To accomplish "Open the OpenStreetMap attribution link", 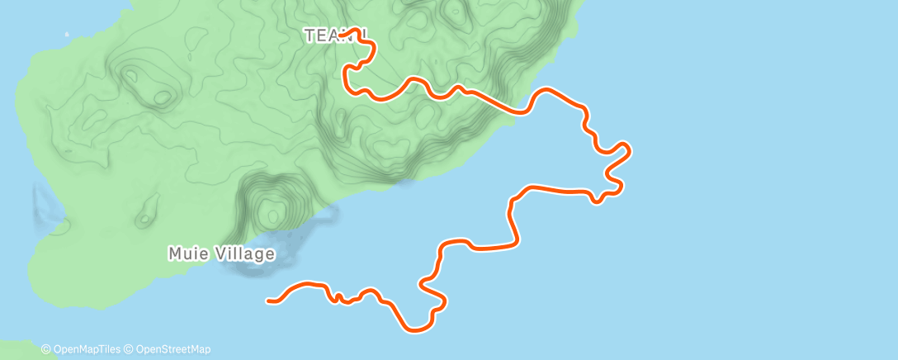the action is tap(173, 349).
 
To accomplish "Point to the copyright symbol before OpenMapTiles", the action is tap(46, 349).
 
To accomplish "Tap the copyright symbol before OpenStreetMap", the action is tap(130, 349).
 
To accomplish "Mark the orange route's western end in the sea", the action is tap(269, 301).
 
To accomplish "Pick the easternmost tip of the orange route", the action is tap(630, 149).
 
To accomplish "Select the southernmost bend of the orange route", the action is tap(416, 330).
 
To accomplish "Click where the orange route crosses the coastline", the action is tap(519, 111).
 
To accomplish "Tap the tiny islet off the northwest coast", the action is tap(66, 36).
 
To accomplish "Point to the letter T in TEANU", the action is tap(310, 36).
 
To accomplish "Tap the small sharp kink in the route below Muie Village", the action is tap(339, 297).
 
